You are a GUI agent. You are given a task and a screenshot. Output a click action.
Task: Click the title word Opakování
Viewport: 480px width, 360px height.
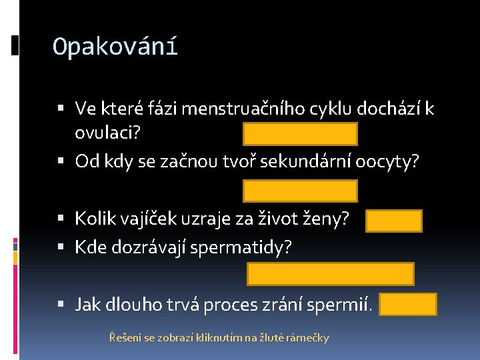click(x=115, y=47)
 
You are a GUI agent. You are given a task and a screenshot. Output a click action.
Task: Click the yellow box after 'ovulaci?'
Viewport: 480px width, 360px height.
click(x=300, y=134)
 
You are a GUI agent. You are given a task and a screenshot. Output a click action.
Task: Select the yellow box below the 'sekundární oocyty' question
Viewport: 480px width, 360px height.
click(x=300, y=191)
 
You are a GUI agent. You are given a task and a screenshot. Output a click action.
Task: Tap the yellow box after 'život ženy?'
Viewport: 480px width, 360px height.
click(x=393, y=221)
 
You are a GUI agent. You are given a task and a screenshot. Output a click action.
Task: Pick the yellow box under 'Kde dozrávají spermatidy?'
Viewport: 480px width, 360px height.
click(x=331, y=274)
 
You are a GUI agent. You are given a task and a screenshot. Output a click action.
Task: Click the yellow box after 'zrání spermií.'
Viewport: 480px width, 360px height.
click(x=408, y=304)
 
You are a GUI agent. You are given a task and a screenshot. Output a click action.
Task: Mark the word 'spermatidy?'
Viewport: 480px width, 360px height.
click(x=241, y=247)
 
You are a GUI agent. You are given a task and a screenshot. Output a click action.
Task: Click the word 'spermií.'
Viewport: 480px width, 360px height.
click(x=350, y=305)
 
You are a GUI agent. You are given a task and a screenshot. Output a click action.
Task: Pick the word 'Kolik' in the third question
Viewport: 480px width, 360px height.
click(x=92, y=218)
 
